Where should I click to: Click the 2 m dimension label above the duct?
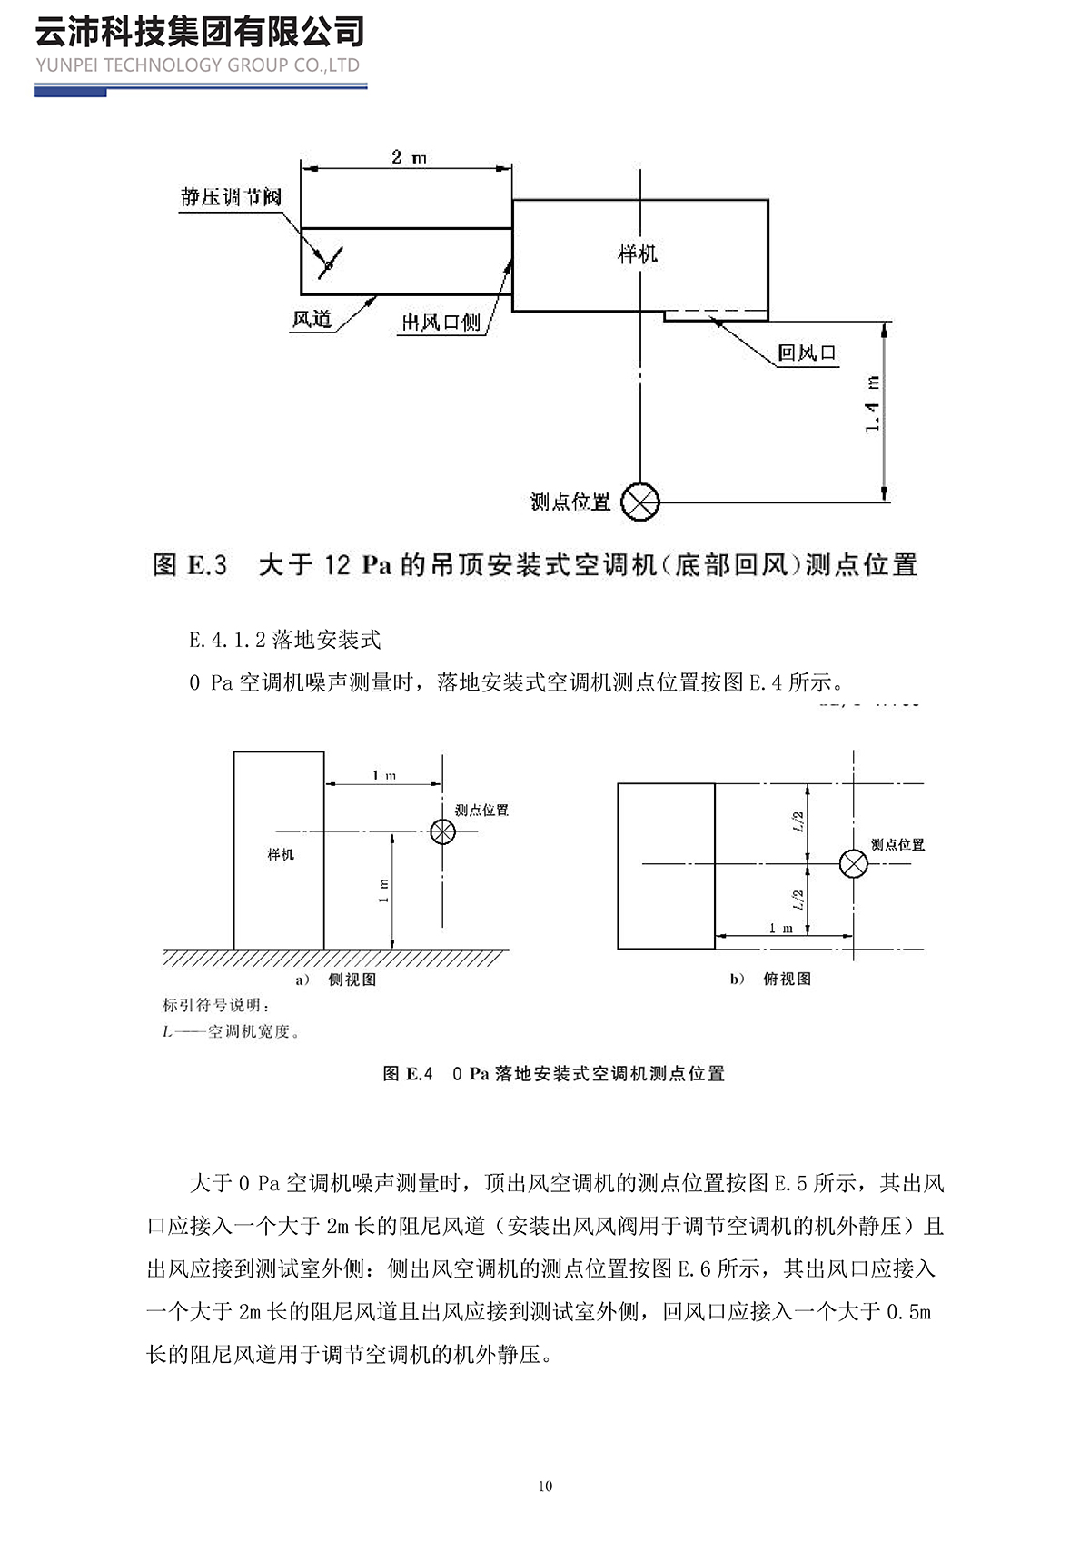click(x=409, y=157)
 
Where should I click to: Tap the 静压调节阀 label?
click(x=231, y=197)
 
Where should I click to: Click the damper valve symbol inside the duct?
click(x=328, y=263)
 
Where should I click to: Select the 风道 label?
click(x=312, y=319)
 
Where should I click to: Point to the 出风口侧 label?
click(x=441, y=322)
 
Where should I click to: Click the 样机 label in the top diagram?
click(x=637, y=254)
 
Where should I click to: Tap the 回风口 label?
click(x=806, y=353)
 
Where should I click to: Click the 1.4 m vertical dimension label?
click(x=873, y=403)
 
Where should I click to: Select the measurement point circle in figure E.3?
click(x=640, y=502)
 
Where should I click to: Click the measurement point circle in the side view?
click(x=442, y=831)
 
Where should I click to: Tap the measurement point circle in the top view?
click(x=853, y=863)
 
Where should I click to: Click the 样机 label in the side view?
click(x=281, y=854)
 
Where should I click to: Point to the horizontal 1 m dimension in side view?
click(x=384, y=775)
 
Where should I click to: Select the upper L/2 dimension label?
click(x=798, y=821)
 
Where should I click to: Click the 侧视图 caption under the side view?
click(x=352, y=980)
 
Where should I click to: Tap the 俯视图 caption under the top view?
click(x=787, y=979)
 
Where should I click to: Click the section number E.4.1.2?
click(x=227, y=640)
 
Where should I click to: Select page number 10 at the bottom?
click(x=545, y=1487)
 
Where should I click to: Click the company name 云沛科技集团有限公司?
click(x=200, y=32)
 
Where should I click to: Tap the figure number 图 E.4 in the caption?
click(x=408, y=1074)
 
